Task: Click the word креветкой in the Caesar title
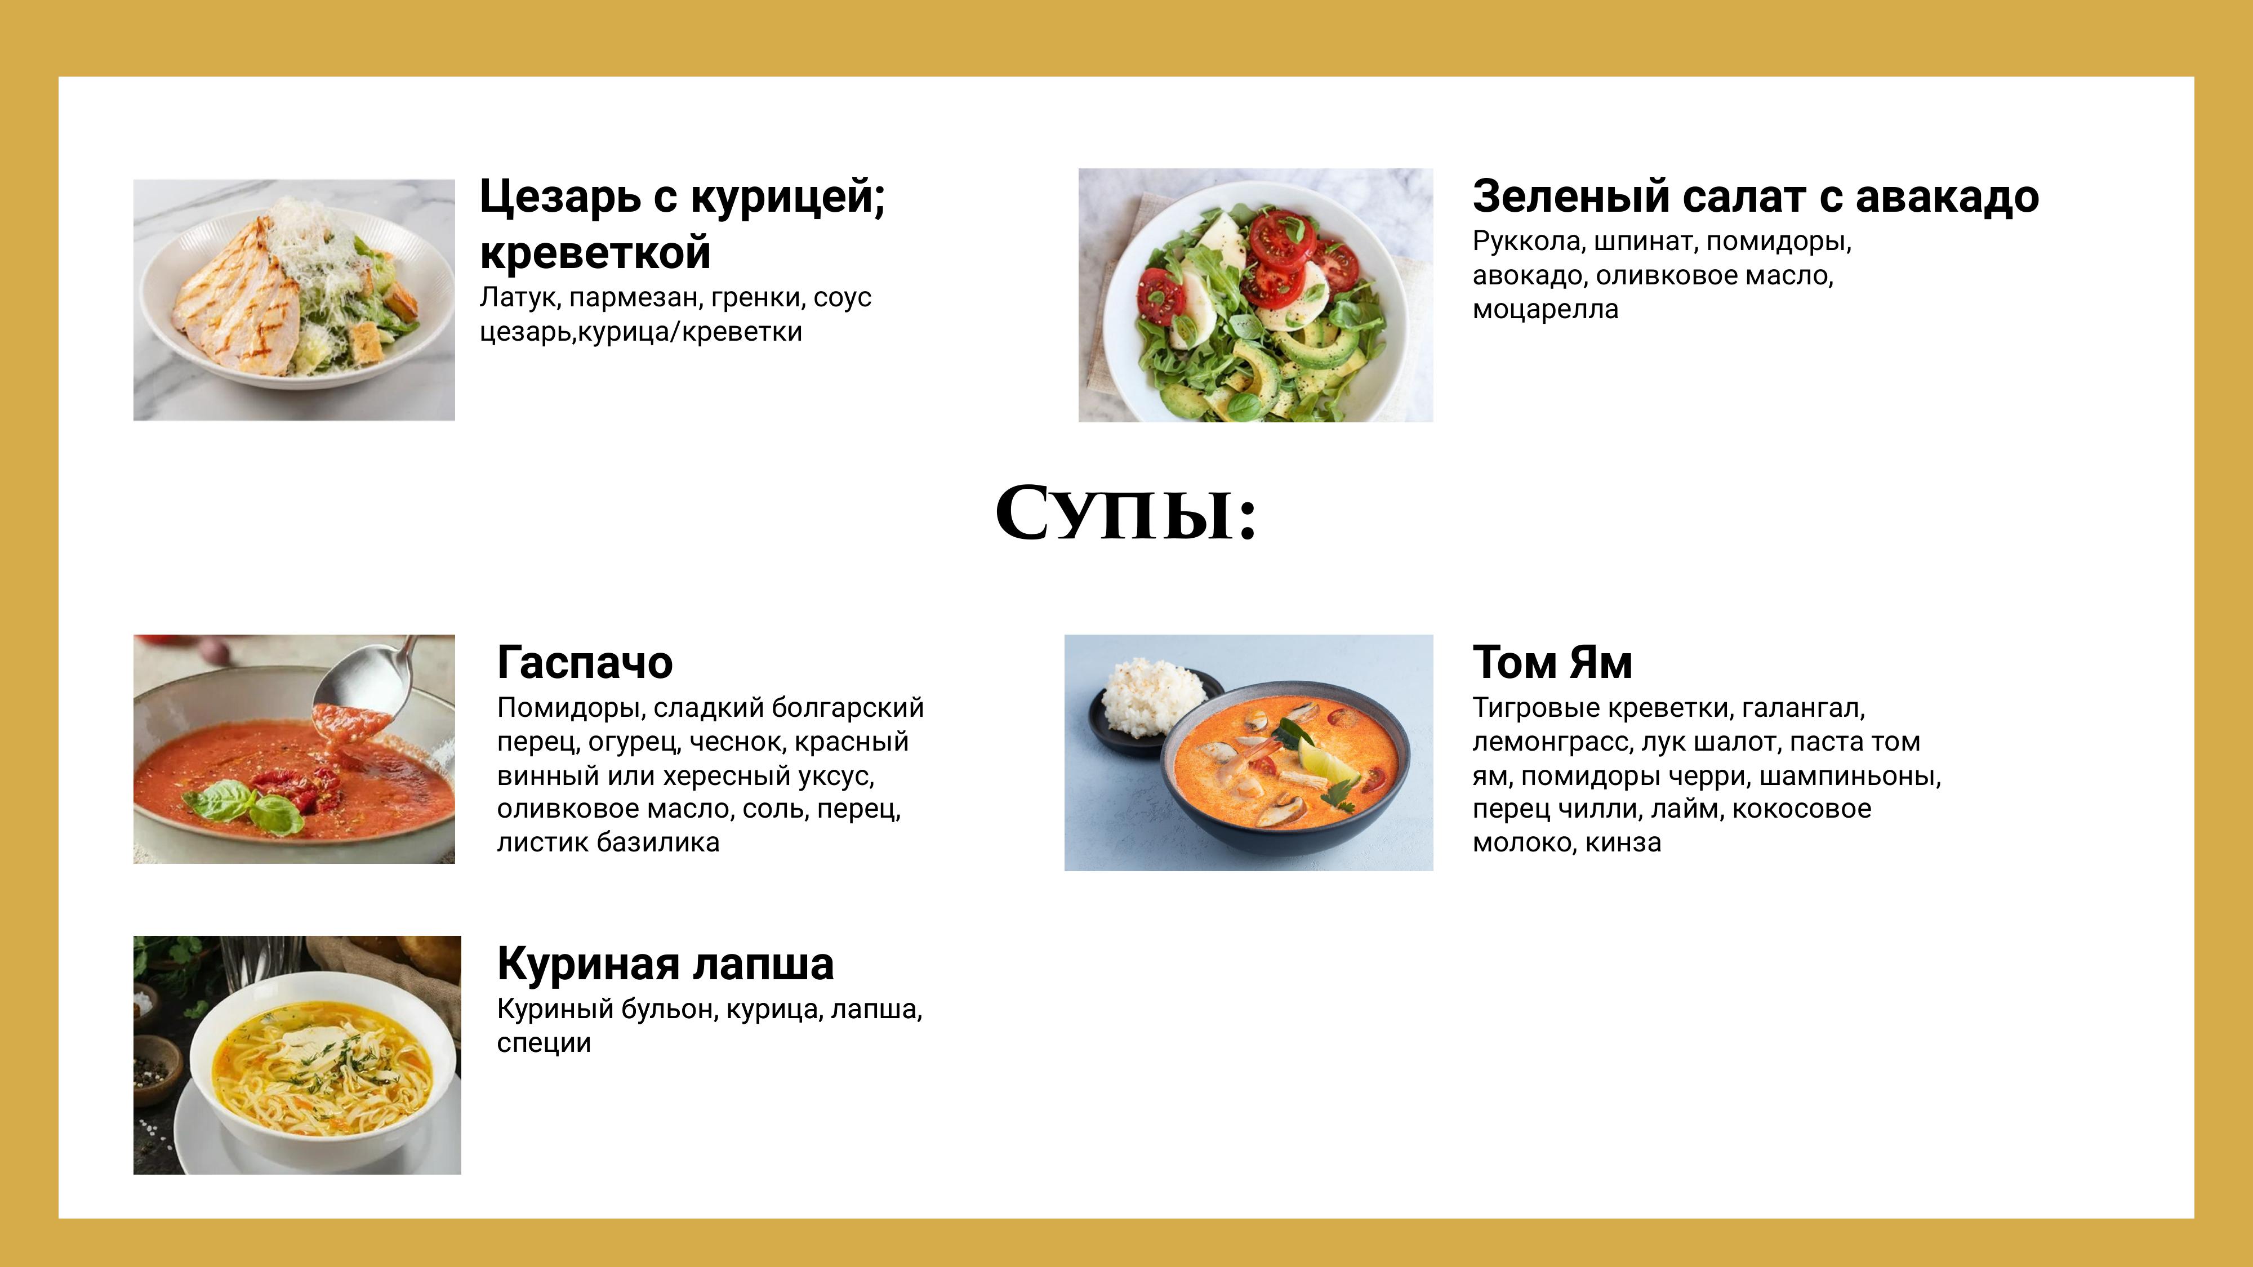pos(595,253)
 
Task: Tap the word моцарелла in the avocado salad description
pos(1546,310)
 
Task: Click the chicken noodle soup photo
pos(297,1055)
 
